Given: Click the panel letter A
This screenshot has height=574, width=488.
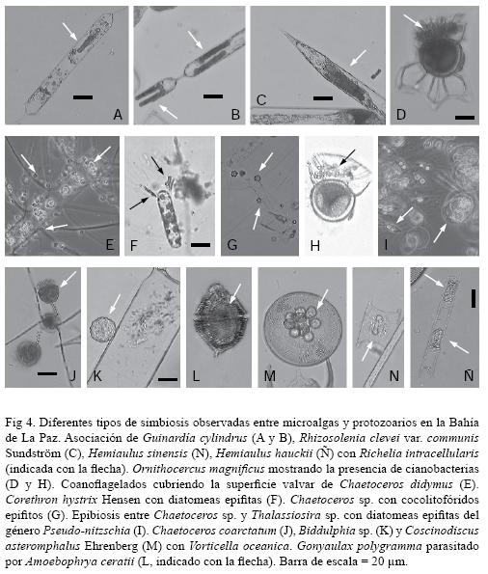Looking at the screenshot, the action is point(118,115).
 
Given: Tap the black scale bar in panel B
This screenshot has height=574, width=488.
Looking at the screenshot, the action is point(213,96).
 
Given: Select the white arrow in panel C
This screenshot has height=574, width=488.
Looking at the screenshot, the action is point(358,58).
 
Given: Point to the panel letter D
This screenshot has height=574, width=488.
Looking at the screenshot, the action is point(401,115).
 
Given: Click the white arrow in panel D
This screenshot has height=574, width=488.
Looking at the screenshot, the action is point(414,22).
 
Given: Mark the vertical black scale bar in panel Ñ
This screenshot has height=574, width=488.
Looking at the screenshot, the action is point(474,298).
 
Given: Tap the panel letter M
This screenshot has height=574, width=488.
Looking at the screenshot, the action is point(270,376).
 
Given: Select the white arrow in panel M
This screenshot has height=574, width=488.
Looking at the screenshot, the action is point(324,299).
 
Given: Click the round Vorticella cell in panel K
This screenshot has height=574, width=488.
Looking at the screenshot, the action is point(103,330).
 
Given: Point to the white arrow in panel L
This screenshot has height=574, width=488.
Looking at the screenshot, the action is point(235,293).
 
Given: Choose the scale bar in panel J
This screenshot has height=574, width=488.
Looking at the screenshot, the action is point(47,373).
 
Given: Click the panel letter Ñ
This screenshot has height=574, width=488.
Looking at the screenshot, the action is point(469,374).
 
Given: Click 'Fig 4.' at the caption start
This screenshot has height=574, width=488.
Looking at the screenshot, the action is point(19,423).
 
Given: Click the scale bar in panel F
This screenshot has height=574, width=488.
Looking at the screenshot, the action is point(201,244).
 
